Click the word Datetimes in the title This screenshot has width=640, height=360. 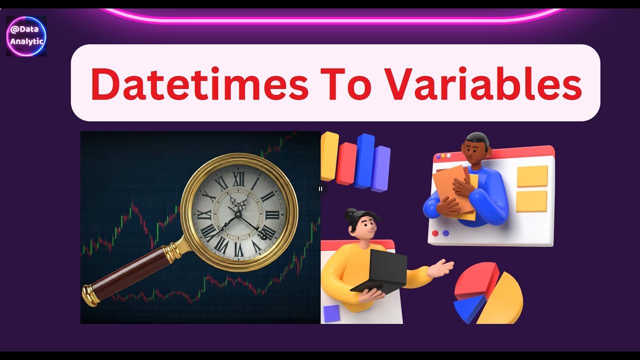click(199, 83)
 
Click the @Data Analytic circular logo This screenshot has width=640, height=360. click(27, 36)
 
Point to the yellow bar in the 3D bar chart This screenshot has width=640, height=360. click(329, 156)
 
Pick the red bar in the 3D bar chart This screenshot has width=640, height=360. click(346, 163)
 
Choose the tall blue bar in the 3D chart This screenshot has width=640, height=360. click(364, 160)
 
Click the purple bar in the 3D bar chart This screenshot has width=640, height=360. click(381, 168)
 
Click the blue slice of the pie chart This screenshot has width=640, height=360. click(469, 306)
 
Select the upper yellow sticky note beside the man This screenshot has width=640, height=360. click(532, 176)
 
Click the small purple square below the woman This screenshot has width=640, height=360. click(331, 313)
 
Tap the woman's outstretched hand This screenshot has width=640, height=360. click(443, 267)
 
